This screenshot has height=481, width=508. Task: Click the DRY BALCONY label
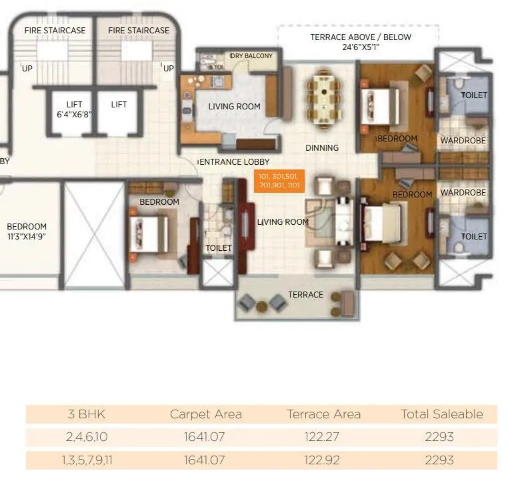coord(251,56)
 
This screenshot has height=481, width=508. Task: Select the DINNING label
coord(322,147)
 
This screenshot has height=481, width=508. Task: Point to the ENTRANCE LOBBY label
coord(235,162)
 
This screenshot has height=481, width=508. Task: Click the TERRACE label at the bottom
coord(305,294)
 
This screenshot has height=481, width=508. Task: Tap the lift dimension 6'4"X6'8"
coord(73,115)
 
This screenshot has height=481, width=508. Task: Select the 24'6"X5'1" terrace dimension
coord(360,47)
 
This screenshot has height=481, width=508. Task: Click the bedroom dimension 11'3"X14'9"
coord(27,236)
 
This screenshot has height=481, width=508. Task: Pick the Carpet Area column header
coord(205,414)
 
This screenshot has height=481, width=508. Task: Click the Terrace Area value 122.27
coord(323,438)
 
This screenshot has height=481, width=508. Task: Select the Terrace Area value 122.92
coord(323,460)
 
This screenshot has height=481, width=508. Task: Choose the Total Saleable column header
coord(441,414)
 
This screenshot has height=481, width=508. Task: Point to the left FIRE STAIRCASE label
coord(55,31)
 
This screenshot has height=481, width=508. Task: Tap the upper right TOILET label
coord(474,95)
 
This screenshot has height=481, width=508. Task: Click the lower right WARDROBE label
coord(463,193)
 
